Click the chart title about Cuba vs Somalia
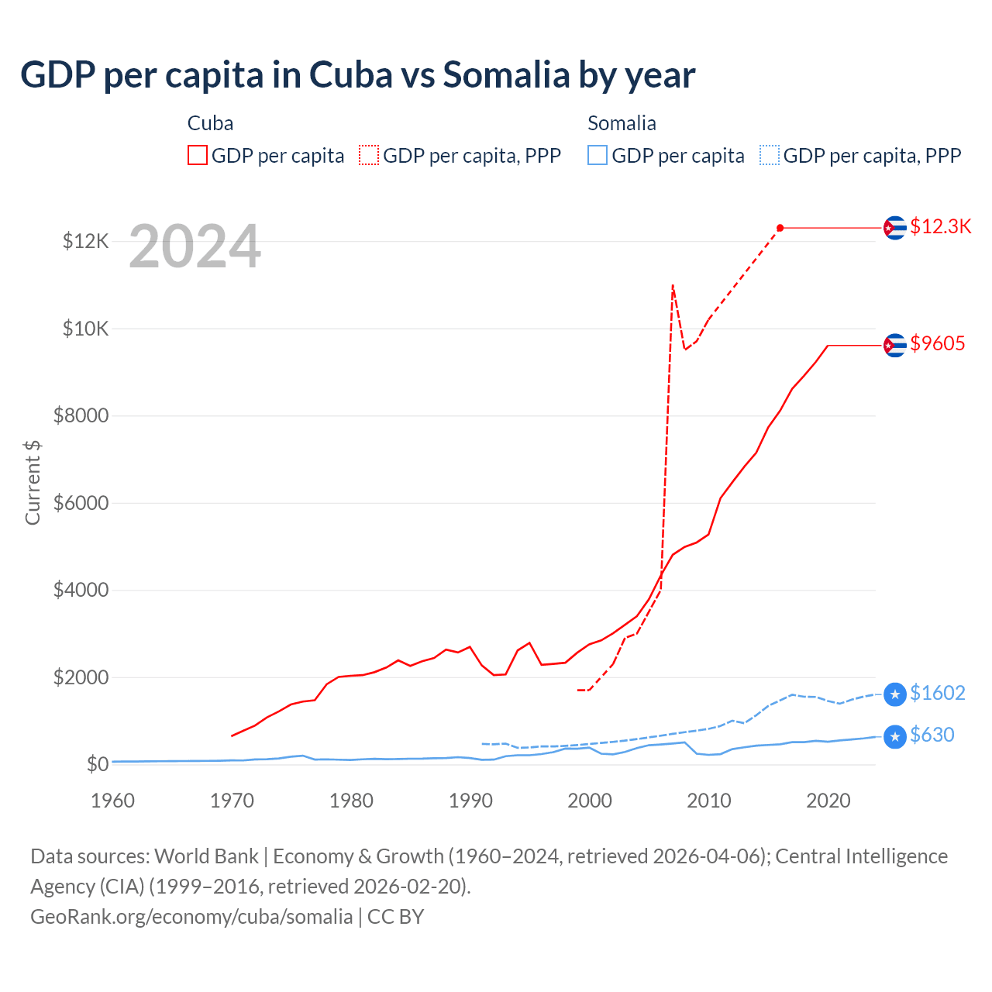point(357,75)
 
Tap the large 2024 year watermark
point(195,246)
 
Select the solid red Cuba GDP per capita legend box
point(198,155)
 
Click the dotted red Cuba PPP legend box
point(369,155)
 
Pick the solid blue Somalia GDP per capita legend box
point(598,155)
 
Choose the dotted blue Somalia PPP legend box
point(770,155)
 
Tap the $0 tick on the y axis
point(98,765)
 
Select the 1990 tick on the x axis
point(471,801)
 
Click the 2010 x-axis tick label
point(709,801)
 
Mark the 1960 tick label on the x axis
point(113,801)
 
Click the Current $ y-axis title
point(33,482)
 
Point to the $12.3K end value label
point(940,226)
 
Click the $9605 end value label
point(938,343)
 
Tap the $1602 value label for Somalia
point(938,693)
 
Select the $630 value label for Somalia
point(932,735)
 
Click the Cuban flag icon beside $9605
point(895,345)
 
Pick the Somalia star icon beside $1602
point(895,694)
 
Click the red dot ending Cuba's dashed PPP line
point(780,228)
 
